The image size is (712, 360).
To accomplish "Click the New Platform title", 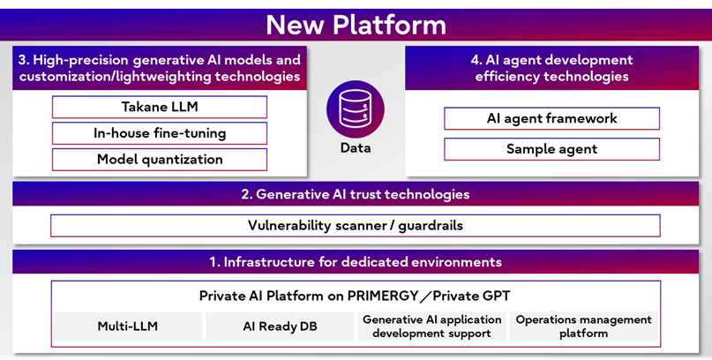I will click(x=356, y=23).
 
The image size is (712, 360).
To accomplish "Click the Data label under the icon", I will click(x=356, y=148).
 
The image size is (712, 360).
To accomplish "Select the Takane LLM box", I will click(x=160, y=108).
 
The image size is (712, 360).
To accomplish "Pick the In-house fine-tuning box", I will click(x=160, y=133).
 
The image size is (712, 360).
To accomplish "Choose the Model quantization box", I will click(x=160, y=160).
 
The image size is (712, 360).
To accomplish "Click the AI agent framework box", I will click(x=551, y=118).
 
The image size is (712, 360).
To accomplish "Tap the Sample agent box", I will click(x=551, y=149).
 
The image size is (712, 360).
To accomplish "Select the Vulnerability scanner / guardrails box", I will click(x=356, y=226).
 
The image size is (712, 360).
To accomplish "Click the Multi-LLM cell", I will click(x=127, y=326).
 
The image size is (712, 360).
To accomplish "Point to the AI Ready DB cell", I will click(x=281, y=326).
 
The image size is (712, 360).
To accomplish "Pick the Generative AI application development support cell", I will click(x=431, y=326).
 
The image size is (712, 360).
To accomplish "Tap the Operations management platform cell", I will click(x=583, y=326).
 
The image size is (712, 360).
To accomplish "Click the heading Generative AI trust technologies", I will click(x=356, y=194).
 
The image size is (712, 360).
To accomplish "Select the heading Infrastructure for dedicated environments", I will click(x=356, y=262).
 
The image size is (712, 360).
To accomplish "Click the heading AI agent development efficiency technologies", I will click(x=552, y=68).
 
